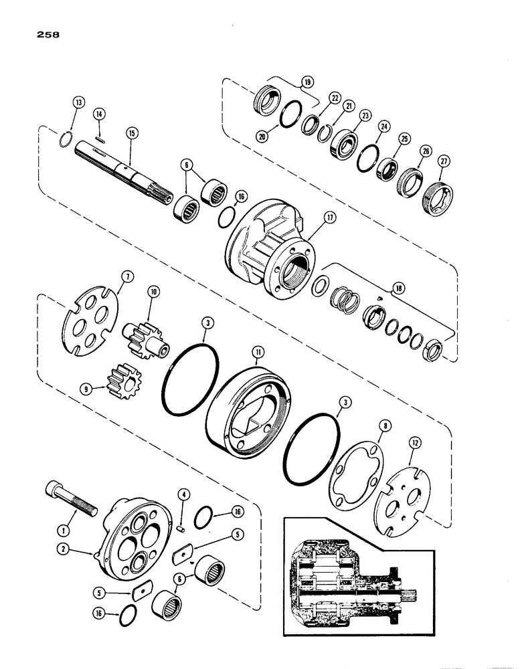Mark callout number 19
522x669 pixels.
coord(307,84)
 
